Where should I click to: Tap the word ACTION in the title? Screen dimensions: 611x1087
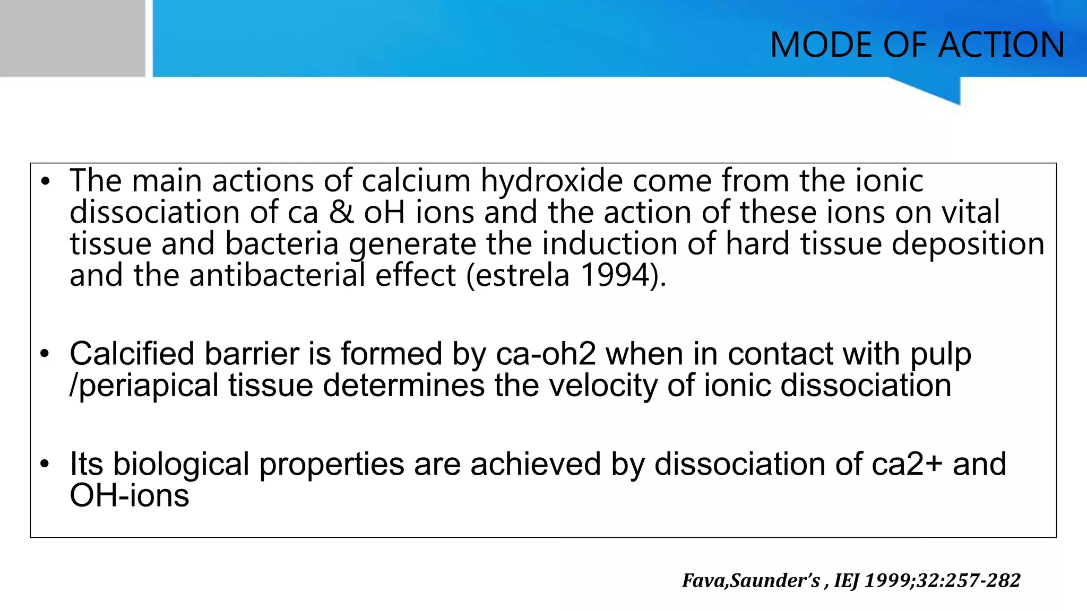(1002, 45)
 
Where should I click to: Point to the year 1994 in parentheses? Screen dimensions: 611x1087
(616, 275)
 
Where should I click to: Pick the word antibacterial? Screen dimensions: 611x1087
(278, 275)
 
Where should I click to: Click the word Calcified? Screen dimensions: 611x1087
(132, 354)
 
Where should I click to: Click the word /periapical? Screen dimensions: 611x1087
(144, 385)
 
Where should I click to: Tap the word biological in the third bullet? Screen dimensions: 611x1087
(181, 464)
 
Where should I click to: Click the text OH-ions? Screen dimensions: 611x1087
(130, 495)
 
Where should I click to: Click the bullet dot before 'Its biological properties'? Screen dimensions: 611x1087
(45, 464)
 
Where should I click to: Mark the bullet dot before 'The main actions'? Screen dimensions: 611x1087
(45, 181)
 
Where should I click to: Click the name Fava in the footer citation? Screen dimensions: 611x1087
(705, 581)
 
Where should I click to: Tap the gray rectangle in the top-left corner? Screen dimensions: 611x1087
(72, 38)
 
